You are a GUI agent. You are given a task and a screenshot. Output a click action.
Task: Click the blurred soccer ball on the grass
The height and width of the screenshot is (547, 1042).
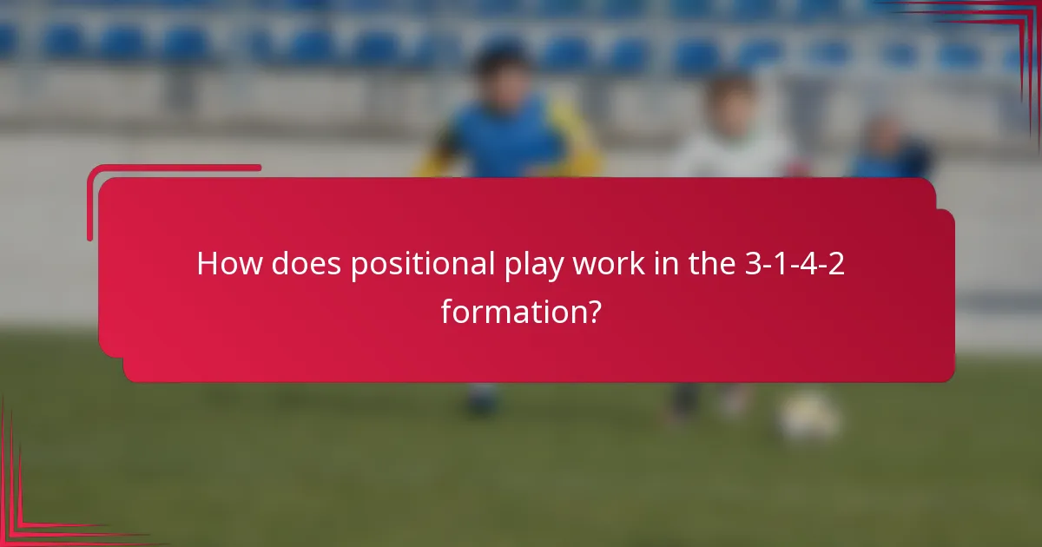point(808,417)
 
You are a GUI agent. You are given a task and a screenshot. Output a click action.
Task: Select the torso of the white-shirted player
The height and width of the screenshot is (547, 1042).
point(729,156)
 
